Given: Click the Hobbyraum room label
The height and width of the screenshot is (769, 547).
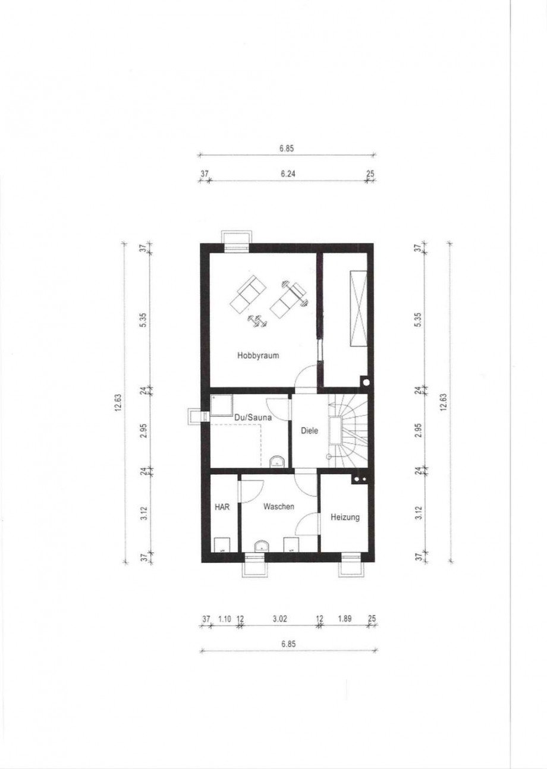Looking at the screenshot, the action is pyautogui.click(x=258, y=355).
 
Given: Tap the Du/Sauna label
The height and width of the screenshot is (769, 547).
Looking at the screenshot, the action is pyautogui.click(x=253, y=417).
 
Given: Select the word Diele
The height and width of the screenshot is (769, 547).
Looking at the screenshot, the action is pyautogui.click(x=309, y=430).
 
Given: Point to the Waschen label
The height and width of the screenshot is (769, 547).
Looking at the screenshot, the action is pyautogui.click(x=278, y=506).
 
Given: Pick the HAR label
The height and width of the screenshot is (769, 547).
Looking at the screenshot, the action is pyautogui.click(x=222, y=507).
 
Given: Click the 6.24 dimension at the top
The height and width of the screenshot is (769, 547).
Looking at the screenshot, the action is pyautogui.click(x=288, y=174).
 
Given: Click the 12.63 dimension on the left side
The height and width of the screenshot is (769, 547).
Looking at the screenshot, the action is pyautogui.click(x=119, y=402).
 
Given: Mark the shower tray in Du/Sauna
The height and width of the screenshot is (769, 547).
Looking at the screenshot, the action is pyautogui.click(x=222, y=405).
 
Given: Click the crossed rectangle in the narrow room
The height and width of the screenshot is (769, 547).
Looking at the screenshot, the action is pyautogui.click(x=358, y=308).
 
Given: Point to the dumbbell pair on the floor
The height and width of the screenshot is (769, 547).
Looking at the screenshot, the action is pyautogui.click(x=257, y=321).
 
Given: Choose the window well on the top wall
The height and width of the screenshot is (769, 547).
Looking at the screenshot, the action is pyautogui.click(x=237, y=241).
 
